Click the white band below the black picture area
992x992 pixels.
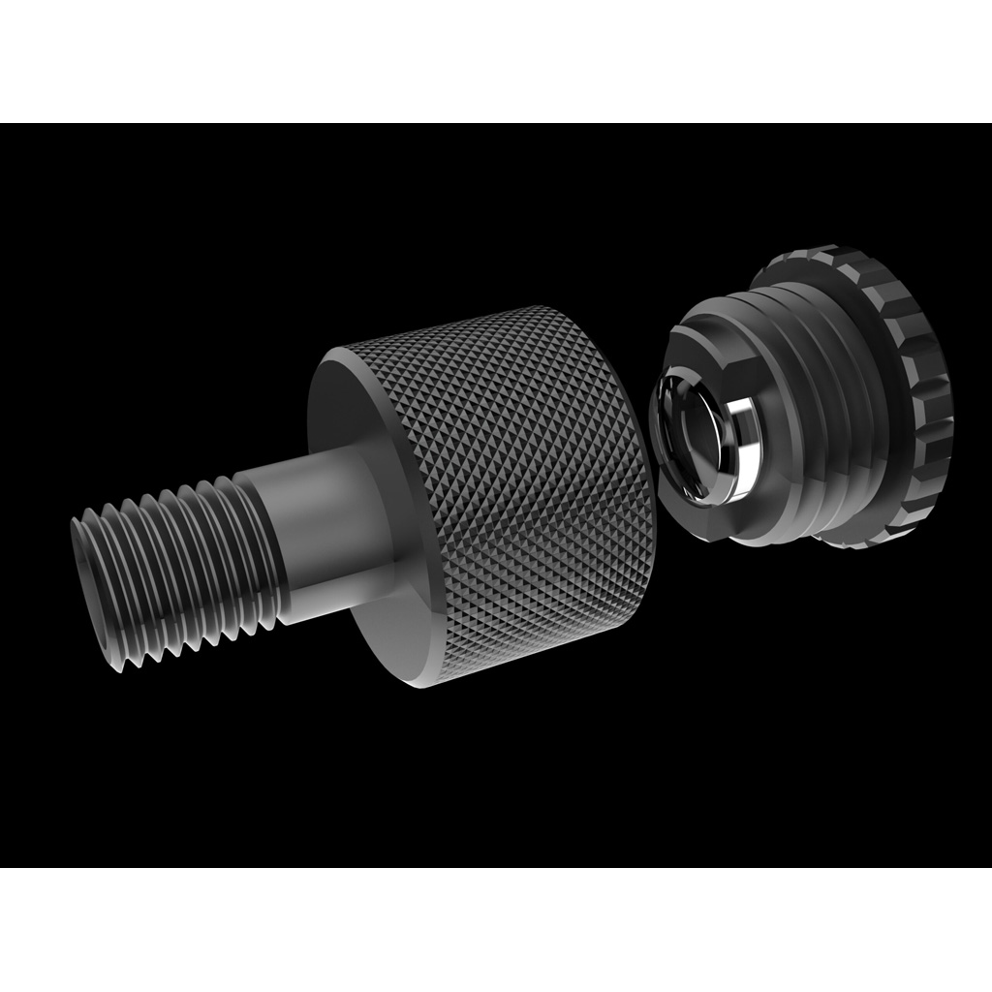coord(496,930)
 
